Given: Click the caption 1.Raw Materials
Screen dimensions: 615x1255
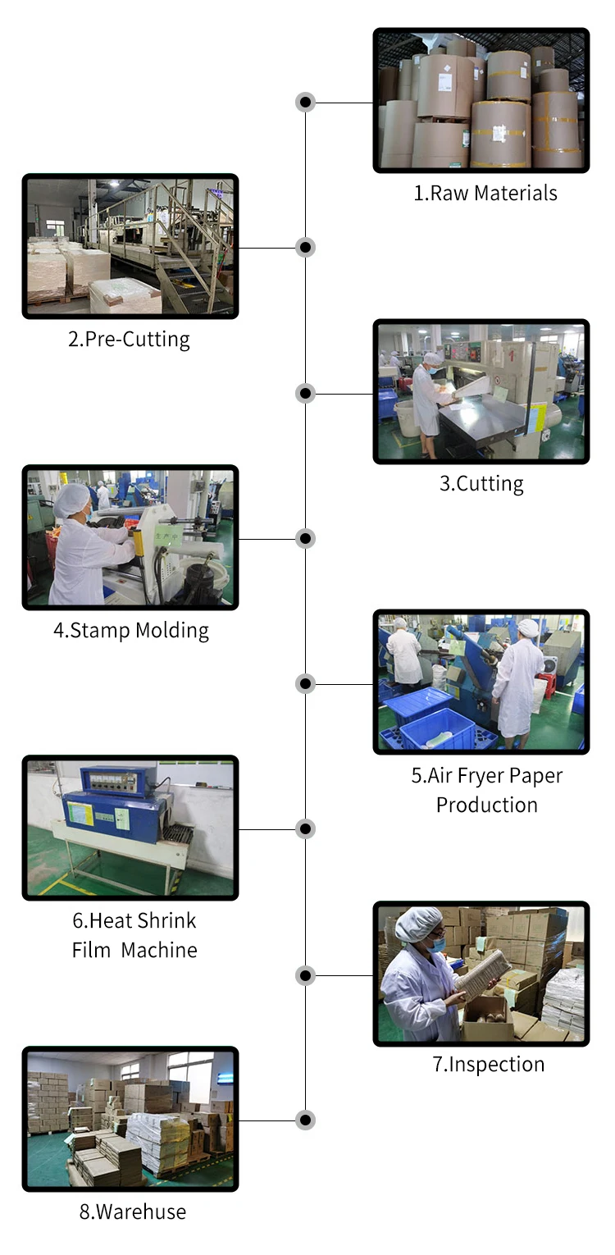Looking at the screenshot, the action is coord(485,194).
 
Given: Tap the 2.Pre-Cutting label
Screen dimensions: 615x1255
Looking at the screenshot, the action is coord(129,340).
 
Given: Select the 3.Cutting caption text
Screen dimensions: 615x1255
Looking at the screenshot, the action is coord(481,484).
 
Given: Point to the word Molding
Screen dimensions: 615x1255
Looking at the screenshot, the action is coord(172,631).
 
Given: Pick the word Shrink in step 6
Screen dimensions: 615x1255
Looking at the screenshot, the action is coord(167,921).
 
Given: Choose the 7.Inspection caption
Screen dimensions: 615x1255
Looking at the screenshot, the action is coord(489,1065).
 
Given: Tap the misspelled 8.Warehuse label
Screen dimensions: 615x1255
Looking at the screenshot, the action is coord(133,1212).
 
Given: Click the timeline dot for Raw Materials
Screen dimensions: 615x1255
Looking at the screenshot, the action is coord(305,102).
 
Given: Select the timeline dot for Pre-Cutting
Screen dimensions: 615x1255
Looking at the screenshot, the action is coord(305,247).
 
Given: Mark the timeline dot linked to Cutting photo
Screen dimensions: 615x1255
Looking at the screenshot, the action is coord(305,393).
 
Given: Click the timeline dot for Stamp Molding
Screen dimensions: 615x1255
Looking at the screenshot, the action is coord(305,538).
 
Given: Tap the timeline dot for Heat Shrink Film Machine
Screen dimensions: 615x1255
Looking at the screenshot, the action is coord(305,828).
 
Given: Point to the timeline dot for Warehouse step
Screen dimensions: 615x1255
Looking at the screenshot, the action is coord(305,1120).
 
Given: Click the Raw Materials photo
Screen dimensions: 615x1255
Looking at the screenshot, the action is coord(481,100).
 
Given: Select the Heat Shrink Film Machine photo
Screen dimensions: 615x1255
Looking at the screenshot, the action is coord(130,828).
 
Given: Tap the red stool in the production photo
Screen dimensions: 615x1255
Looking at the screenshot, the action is coord(545,686).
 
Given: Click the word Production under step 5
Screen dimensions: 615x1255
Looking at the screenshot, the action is coord(487,805).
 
